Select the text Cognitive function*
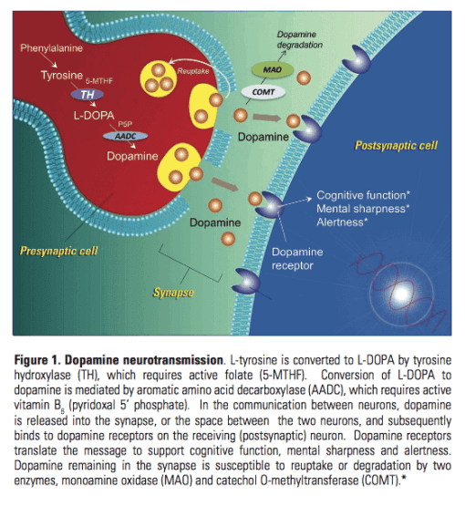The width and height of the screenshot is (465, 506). click(x=362, y=195)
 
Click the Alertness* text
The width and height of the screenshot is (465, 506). click(x=343, y=223)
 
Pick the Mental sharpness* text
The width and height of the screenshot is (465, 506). click(x=362, y=209)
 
